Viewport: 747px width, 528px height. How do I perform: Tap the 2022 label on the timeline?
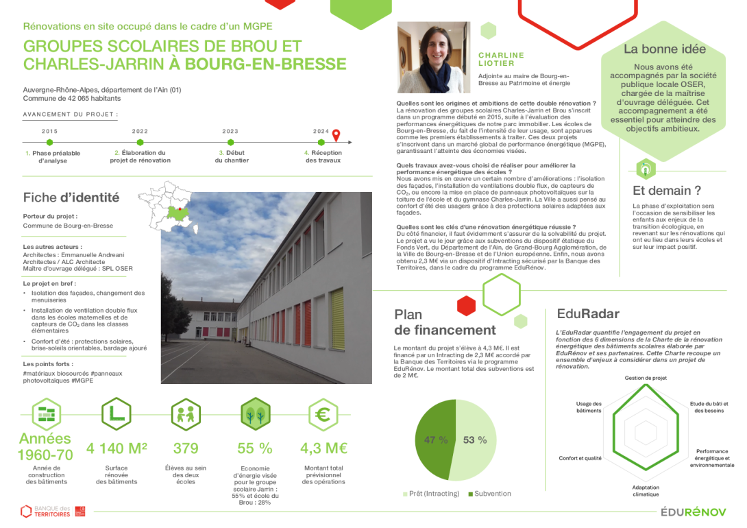pyautogui.click(x=140, y=131)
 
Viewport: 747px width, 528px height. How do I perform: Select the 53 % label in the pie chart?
pyautogui.click(x=474, y=440)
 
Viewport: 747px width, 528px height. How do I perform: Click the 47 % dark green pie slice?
pyautogui.click(x=435, y=440)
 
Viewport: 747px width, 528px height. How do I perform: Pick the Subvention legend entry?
pyautogui.click(x=489, y=494)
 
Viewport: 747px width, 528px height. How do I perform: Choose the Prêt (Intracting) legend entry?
pyautogui.click(x=432, y=494)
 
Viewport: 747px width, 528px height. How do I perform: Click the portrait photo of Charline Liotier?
pyautogui.click(x=434, y=58)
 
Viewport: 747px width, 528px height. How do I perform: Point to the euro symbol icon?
pyautogui.click(x=324, y=414)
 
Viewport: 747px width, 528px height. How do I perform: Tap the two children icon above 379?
pyautogui.click(x=186, y=414)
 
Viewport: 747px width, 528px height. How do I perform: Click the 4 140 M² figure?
pyautogui.click(x=117, y=449)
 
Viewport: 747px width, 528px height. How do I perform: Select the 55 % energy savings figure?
pyautogui.click(x=255, y=449)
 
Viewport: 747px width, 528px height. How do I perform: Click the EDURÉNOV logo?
pyautogui.click(x=694, y=512)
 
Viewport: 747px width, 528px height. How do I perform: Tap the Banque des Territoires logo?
pyautogui.click(x=52, y=511)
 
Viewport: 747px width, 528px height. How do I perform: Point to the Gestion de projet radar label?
pyautogui.click(x=646, y=378)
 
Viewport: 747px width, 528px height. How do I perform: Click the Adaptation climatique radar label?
pyautogui.click(x=646, y=491)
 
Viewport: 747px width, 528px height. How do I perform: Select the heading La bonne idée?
pyautogui.click(x=664, y=49)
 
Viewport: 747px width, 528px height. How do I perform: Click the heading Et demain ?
pyautogui.click(x=666, y=191)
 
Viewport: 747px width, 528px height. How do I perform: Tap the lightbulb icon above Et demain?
pyautogui.click(x=646, y=169)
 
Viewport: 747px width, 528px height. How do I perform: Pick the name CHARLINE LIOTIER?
pyautogui.click(x=501, y=59)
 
